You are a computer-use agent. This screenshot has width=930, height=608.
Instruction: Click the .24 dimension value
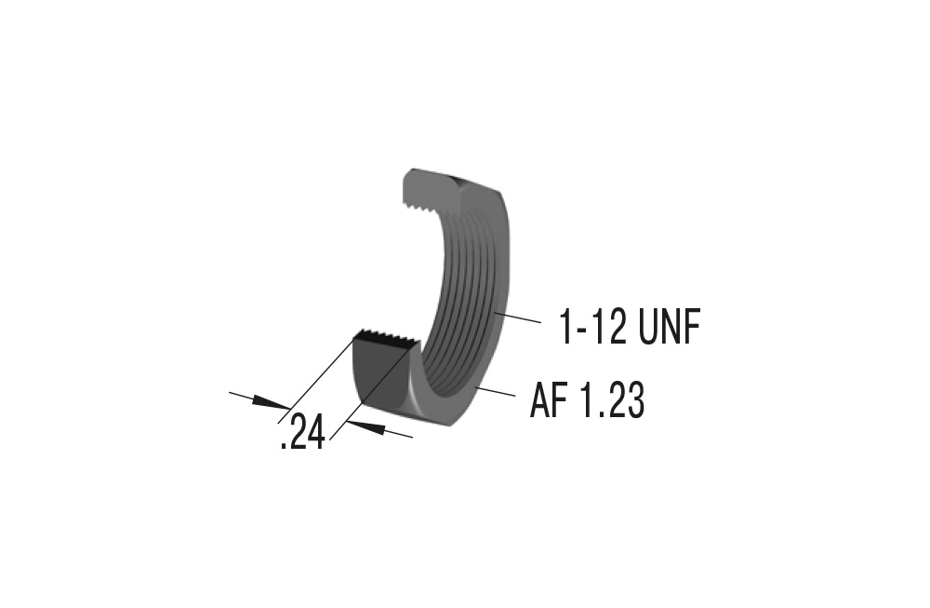pos(302,433)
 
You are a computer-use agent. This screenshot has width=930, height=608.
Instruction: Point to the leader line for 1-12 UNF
pos(516,319)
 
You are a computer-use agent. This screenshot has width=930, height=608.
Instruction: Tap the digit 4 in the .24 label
pos(314,433)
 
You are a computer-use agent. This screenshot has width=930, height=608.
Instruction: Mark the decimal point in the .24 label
pos(283,446)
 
